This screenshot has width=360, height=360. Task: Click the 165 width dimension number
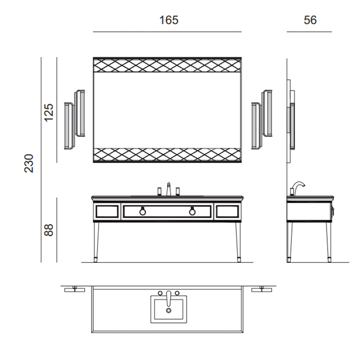[169, 20]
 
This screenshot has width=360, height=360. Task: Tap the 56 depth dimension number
[310, 20]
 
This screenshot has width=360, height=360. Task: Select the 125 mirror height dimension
[49, 113]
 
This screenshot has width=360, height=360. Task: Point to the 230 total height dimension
[29, 163]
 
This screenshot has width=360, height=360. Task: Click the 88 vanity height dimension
[49, 230]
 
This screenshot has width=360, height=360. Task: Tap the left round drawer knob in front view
[142, 211]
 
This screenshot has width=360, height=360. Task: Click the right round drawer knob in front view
[192, 211]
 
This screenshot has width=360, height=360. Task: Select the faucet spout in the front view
[169, 189]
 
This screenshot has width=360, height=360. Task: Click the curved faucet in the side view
[298, 188]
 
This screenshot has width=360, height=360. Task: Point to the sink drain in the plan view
[169, 311]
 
